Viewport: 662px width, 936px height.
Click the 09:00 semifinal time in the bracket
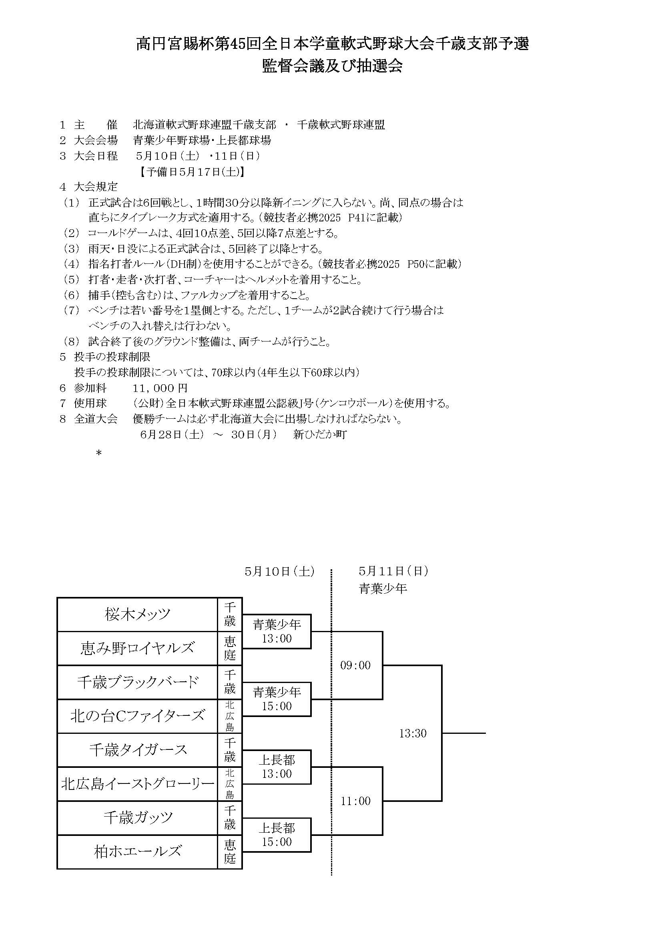click(355, 665)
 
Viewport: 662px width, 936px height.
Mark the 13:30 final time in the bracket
click(413, 733)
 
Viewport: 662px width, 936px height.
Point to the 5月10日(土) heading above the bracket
click(280, 572)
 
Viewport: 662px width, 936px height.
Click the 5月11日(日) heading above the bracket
click(393, 571)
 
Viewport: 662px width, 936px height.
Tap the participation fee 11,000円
click(160, 388)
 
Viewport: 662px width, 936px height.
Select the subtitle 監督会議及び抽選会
click(332, 66)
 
